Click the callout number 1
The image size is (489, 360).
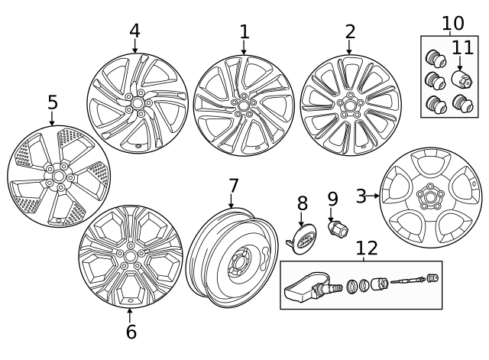coord(244,32)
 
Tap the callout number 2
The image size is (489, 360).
coord(350,32)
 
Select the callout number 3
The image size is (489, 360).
coord(361,196)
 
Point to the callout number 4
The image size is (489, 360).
coord(134,31)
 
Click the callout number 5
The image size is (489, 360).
coord(52,102)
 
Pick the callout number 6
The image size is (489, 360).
coord(131,331)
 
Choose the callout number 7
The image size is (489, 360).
coord(234,186)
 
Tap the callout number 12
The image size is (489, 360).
coord(368,248)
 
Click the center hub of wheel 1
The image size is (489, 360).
coord(244,105)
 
